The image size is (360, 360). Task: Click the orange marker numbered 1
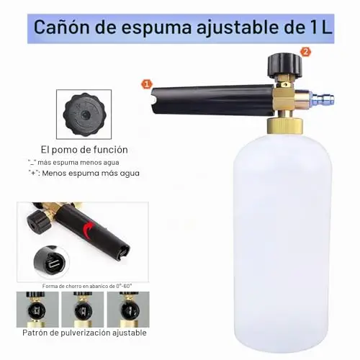click(x=147, y=84)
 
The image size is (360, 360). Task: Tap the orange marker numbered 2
click(x=305, y=52)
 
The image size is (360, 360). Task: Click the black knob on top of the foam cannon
click(x=285, y=66)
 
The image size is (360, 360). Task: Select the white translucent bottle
click(x=283, y=243)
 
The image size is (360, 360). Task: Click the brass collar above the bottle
click(x=285, y=125)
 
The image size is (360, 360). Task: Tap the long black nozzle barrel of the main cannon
click(x=212, y=99)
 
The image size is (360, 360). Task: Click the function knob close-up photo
click(x=84, y=114)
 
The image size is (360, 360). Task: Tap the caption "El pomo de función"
click(x=84, y=150)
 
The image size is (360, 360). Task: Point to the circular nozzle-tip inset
click(x=52, y=262)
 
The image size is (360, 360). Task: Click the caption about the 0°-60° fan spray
click(x=87, y=286)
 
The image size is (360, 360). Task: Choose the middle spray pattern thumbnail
click(x=83, y=310)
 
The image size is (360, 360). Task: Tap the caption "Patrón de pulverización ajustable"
click(x=84, y=333)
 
